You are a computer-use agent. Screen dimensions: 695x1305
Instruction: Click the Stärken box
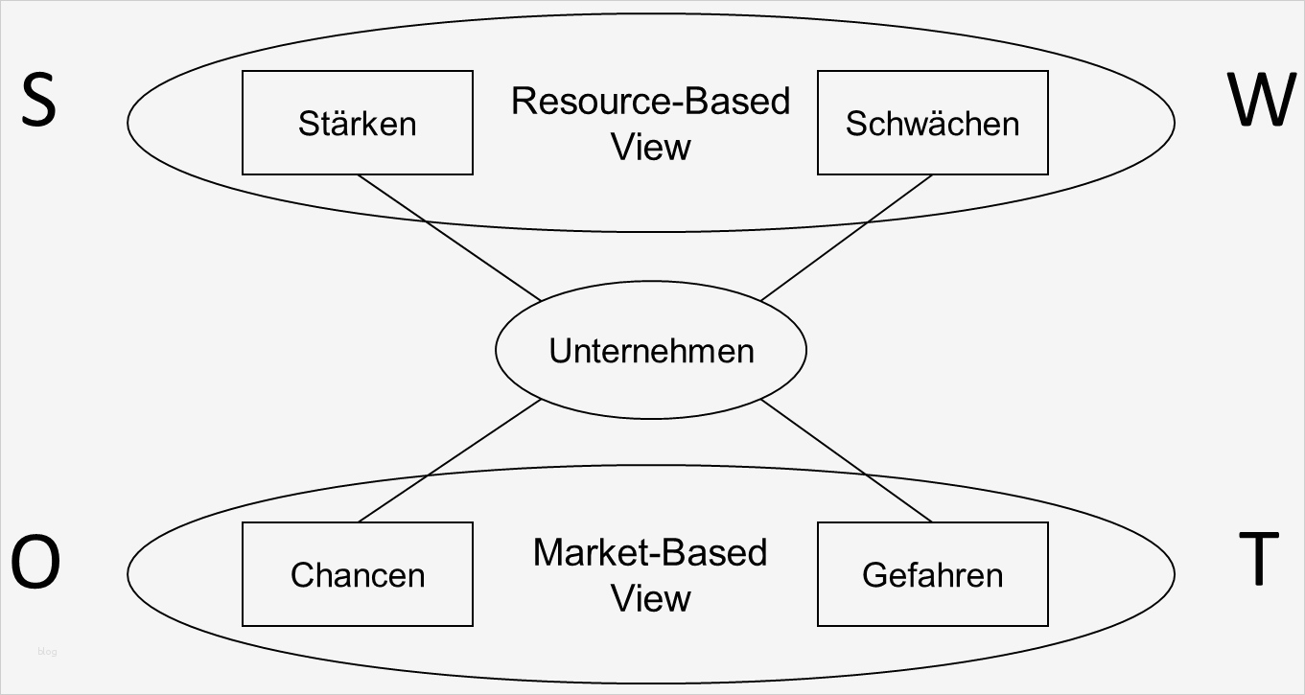coord(357,123)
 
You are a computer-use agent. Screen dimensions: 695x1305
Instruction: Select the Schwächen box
coord(932,123)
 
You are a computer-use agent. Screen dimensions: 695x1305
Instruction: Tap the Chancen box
coord(357,574)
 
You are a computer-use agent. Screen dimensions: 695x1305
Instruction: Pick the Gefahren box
coord(932,574)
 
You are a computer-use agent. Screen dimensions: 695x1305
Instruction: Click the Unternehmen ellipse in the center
coord(650,351)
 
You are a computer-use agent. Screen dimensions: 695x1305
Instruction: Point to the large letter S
coord(38,102)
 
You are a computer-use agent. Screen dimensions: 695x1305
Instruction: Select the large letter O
coord(36,564)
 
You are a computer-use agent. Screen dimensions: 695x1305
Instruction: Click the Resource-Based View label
coord(650,124)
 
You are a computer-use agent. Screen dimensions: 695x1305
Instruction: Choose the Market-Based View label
coord(650,575)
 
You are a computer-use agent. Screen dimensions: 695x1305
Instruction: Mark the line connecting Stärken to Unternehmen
coord(449,238)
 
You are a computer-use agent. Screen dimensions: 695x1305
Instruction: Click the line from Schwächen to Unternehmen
coord(846,238)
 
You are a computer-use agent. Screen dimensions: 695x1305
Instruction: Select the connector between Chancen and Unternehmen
coord(449,461)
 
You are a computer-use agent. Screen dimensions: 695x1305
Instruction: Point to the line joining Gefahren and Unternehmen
coord(846,461)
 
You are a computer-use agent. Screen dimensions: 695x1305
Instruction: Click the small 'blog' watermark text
coord(47,652)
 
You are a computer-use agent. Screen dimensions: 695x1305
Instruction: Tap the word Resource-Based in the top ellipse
coord(650,101)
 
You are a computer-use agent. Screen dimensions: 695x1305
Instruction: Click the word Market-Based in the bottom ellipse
coord(650,553)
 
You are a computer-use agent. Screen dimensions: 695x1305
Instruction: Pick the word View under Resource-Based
coord(650,147)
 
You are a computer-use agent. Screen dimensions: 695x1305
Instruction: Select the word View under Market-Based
coord(650,598)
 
